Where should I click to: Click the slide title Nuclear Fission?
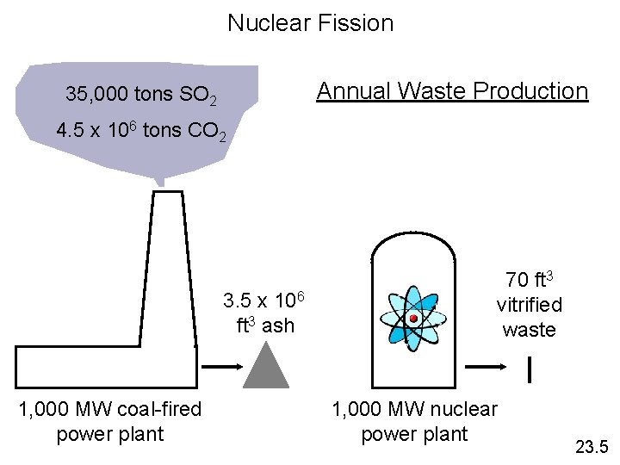[x=310, y=23]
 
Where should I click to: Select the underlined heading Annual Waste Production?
[x=452, y=91]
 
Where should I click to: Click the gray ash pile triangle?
[x=264, y=364]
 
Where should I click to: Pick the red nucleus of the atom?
[x=413, y=319]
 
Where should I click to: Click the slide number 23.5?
[x=591, y=446]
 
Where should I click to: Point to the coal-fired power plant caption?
[x=109, y=421]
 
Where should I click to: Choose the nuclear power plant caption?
[x=414, y=421]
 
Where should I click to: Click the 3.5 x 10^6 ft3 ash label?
[x=265, y=313]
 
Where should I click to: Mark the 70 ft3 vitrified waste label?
[x=529, y=305]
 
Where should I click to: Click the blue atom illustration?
[x=413, y=319]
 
